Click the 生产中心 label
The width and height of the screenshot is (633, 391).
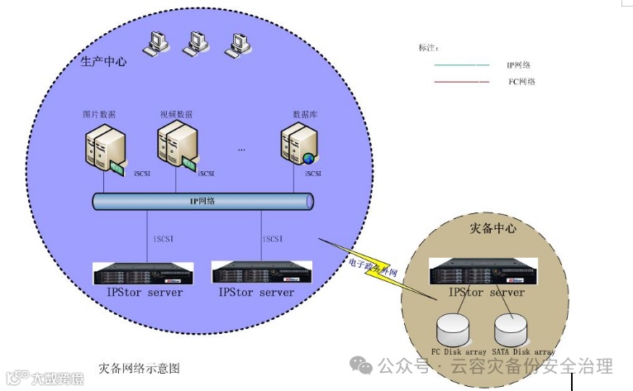(105, 62)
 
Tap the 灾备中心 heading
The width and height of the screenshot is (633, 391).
(493, 227)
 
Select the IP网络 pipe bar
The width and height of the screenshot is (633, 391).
(202, 200)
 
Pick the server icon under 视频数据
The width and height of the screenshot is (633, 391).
(176, 146)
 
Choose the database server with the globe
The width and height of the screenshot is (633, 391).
(297, 145)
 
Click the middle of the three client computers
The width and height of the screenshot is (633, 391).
(196, 42)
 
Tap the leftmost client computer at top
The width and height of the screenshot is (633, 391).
(155, 42)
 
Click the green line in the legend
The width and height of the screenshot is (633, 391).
(461, 64)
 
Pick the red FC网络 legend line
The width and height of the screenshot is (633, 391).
(461, 82)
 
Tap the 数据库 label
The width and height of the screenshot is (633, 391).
(305, 113)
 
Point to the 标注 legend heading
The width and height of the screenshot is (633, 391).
(429, 48)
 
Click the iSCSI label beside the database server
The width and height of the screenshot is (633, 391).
(312, 174)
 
